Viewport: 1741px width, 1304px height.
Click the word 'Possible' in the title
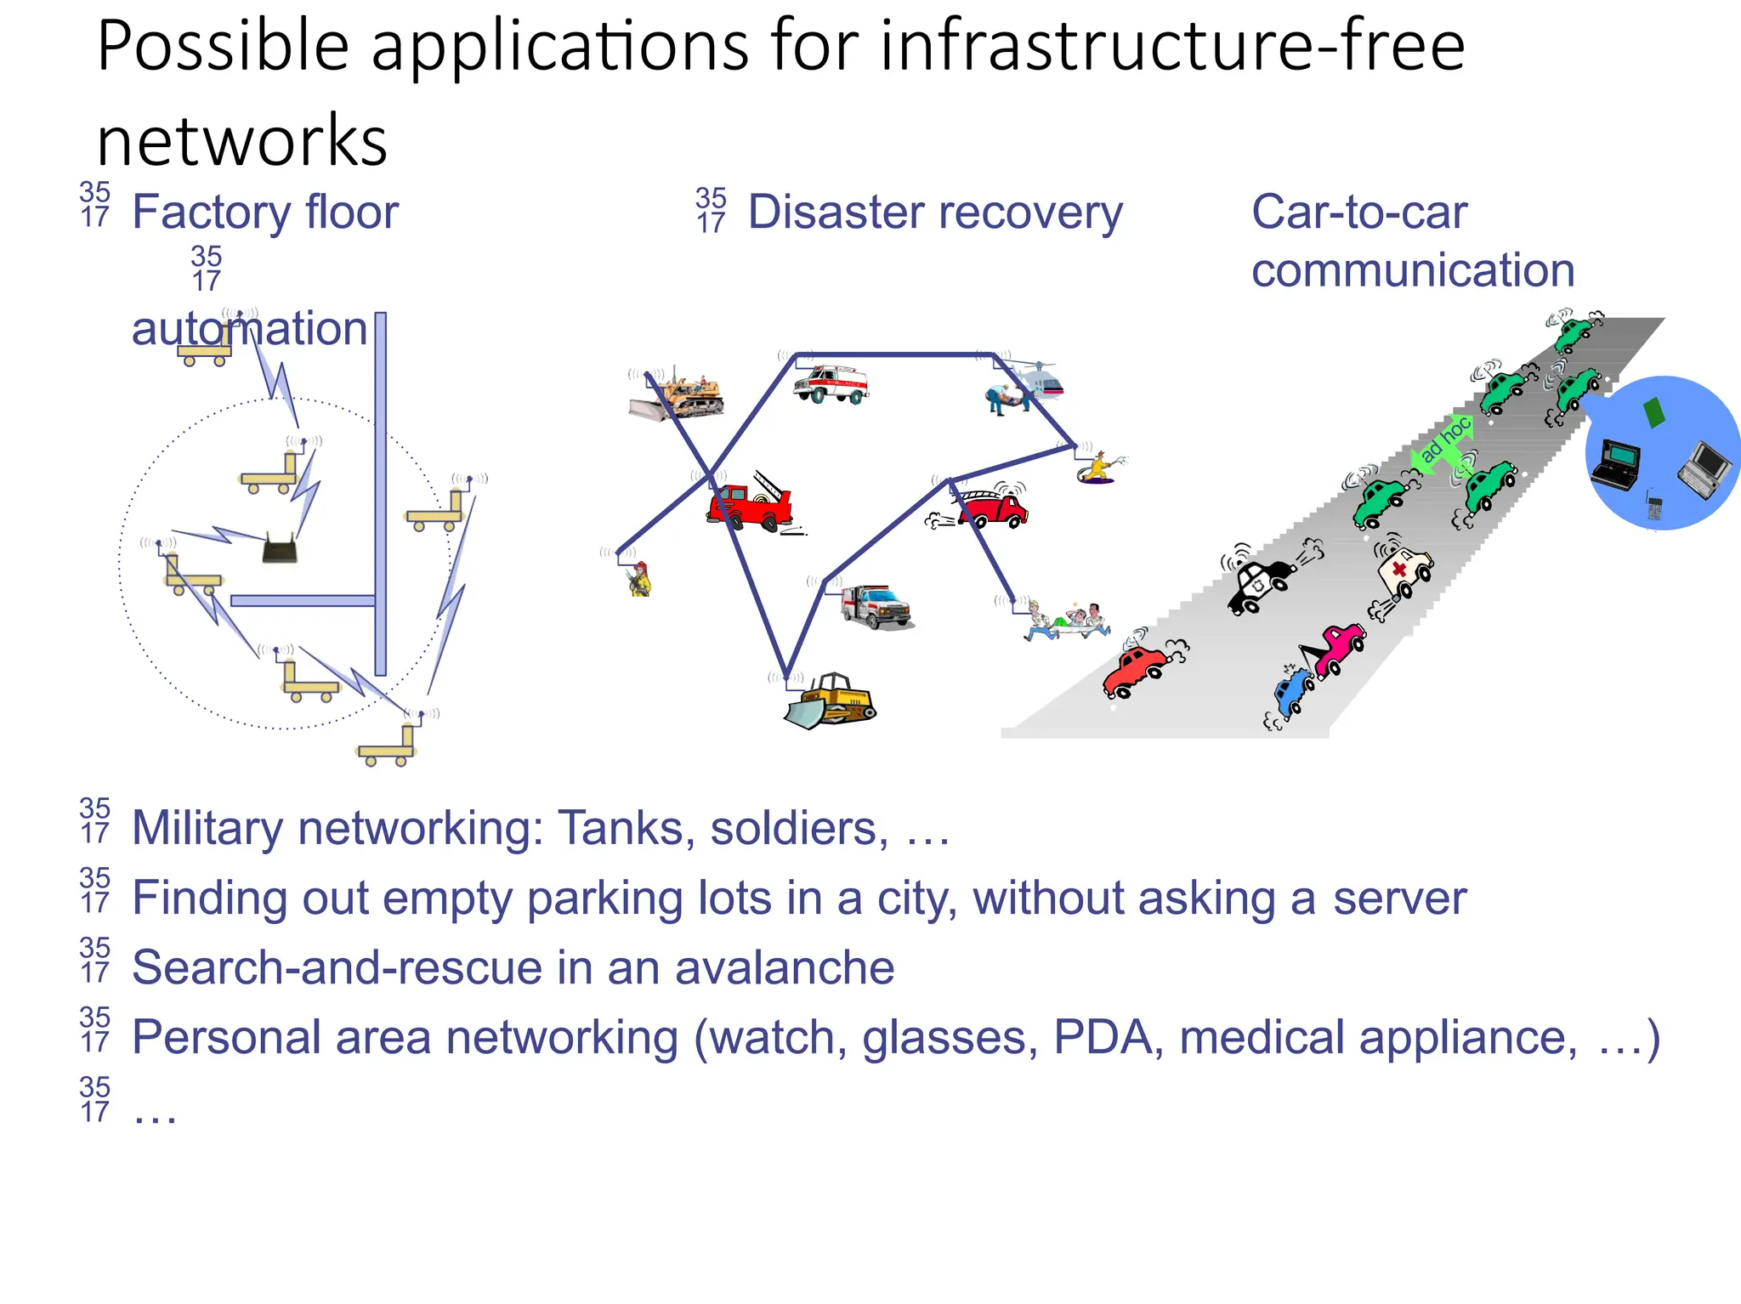coord(223,47)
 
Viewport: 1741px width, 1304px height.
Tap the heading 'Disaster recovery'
coord(934,213)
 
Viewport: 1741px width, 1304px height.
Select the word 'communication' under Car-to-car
coord(1412,270)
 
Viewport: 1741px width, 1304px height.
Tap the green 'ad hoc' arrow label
coord(1444,440)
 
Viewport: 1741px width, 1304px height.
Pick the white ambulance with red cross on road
coord(1404,571)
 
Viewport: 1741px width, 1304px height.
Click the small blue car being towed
coord(1293,689)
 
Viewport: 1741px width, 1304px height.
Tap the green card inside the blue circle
coord(1654,412)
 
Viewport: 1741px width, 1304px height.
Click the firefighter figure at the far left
coord(640,580)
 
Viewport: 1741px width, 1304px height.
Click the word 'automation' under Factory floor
coord(248,329)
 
